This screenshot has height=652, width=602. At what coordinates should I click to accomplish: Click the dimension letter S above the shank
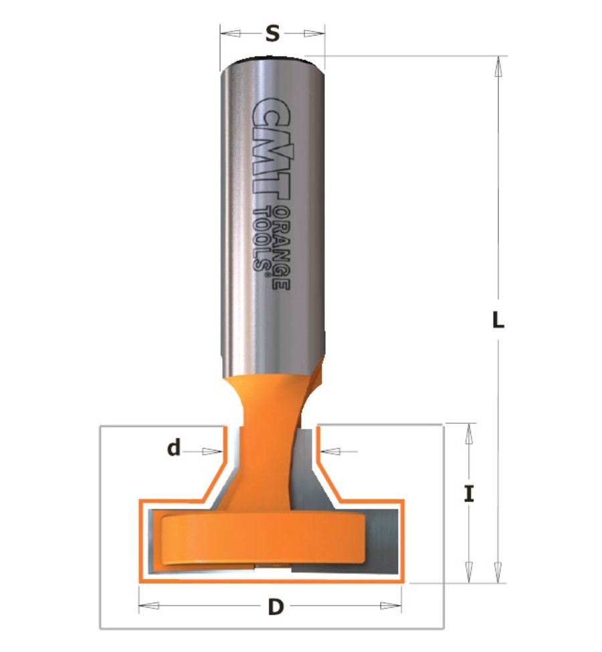click(272, 33)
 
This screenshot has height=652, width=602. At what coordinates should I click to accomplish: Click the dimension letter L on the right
click(498, 320)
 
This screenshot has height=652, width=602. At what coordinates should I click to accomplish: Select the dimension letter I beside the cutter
click(469, 494)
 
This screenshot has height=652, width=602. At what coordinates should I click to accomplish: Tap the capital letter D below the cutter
click(276, 606)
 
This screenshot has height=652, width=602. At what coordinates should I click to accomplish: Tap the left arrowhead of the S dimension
click(230, 33)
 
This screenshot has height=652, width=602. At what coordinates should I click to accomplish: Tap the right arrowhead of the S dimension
click(314, 33)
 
